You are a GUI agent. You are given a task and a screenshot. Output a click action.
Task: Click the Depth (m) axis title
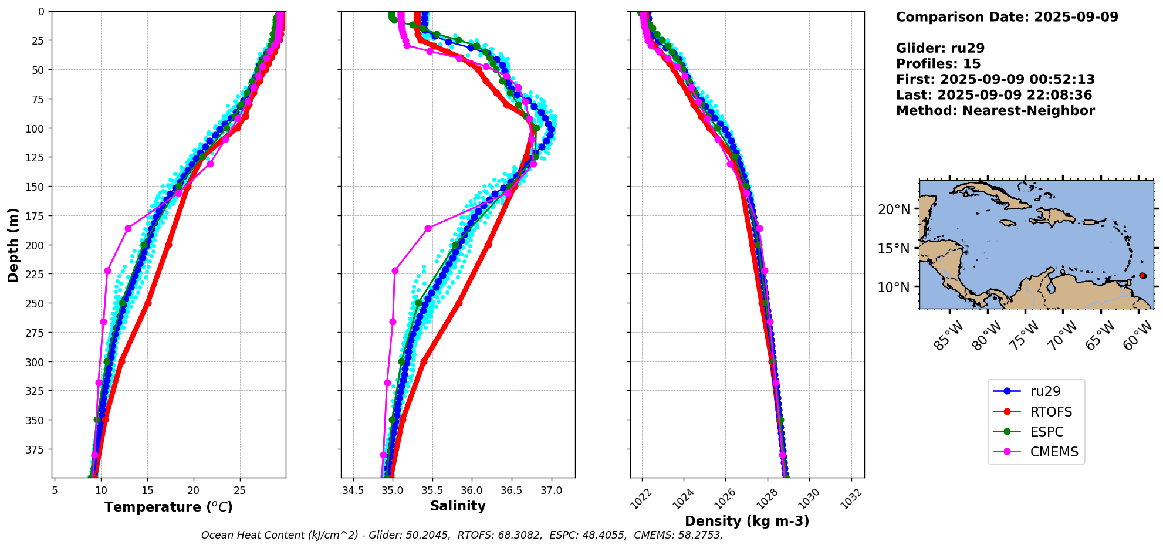point(13,245)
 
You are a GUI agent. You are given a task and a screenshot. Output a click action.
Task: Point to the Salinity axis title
point(458,506)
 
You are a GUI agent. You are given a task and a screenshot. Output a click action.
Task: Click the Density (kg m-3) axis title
point(747,521)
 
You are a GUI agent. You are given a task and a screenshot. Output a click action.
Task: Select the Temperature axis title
point(168,507)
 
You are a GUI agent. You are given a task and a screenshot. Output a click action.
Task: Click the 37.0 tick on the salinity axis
point(551,491)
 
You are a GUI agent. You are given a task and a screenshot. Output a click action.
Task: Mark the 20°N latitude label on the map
point(894,209)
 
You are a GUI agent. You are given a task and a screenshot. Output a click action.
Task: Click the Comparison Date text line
point(1007,17)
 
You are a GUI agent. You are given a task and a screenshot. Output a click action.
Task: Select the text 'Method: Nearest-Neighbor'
point(995,111)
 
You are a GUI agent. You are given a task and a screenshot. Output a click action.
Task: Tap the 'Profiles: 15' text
point(938,64)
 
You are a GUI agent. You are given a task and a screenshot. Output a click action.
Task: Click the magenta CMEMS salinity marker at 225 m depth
point(395,270)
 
